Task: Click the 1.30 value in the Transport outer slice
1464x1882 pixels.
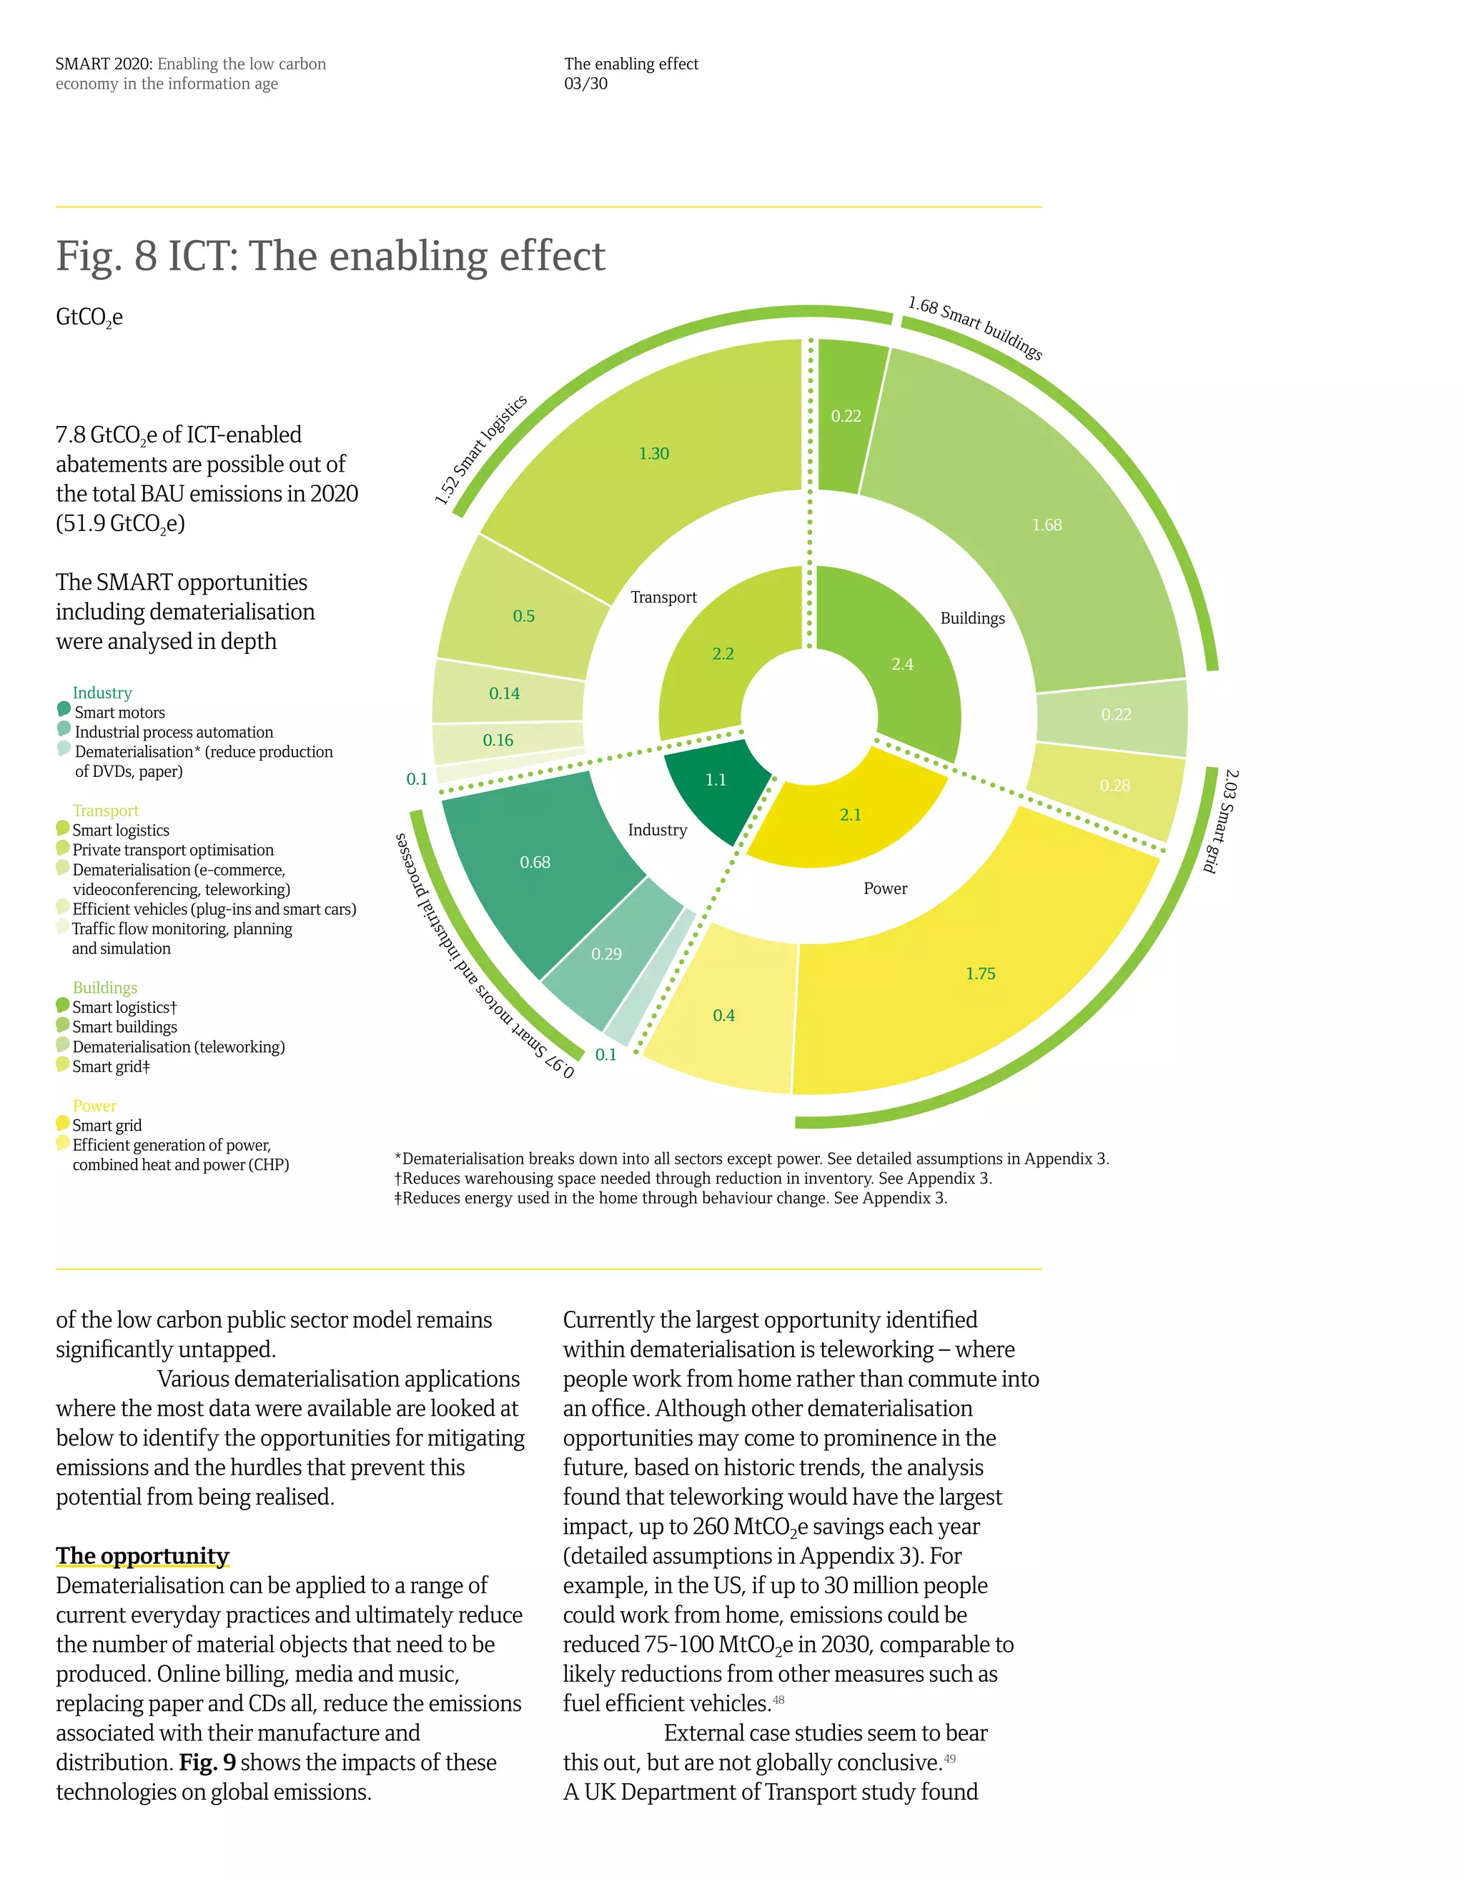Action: coord(653,453)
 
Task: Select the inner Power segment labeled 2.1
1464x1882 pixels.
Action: coord(850,814)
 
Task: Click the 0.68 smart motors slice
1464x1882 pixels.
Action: coord(534,862)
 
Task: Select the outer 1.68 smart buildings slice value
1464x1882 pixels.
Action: coord(1046,525)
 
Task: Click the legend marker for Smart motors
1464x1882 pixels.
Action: coord(64,709)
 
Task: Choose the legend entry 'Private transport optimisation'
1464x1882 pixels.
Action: coord(172,850)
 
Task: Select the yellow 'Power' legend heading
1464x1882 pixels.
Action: coord(94,1106)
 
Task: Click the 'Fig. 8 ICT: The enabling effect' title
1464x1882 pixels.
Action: coord(330,256)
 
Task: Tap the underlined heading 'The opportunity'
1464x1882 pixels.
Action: coord(142,1555)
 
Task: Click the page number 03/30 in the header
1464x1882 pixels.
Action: coord(586,84)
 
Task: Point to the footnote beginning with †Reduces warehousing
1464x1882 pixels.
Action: coord(693,1178)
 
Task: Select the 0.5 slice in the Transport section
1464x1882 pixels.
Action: coord(523,616)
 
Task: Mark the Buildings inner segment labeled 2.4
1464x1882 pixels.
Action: coord(901,665)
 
